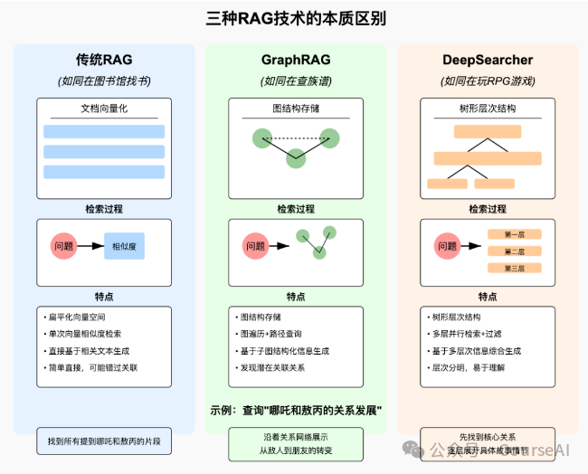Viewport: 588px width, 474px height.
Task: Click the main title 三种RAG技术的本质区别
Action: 295,17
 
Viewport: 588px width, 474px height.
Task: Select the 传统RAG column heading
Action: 103,61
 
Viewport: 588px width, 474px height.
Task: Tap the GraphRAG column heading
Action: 295,61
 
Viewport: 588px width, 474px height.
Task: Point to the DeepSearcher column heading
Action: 487,61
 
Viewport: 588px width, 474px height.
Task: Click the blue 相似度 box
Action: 124,245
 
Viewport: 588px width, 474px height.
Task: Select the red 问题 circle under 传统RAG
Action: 63,245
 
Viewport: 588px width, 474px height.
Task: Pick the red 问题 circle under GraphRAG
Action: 255,245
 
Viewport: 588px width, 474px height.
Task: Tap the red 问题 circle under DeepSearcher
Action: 447,245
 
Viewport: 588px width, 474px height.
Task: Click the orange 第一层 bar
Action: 514,234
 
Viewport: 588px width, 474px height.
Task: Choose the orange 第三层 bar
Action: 514,268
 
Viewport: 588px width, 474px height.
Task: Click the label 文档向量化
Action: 103,109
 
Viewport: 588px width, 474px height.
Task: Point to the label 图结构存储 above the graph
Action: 295,109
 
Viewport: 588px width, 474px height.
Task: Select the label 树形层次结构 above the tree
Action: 487,109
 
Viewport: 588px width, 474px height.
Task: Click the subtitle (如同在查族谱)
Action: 295,81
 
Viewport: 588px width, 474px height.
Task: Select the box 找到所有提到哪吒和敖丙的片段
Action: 103,441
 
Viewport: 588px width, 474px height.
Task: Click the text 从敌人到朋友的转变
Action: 295,450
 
